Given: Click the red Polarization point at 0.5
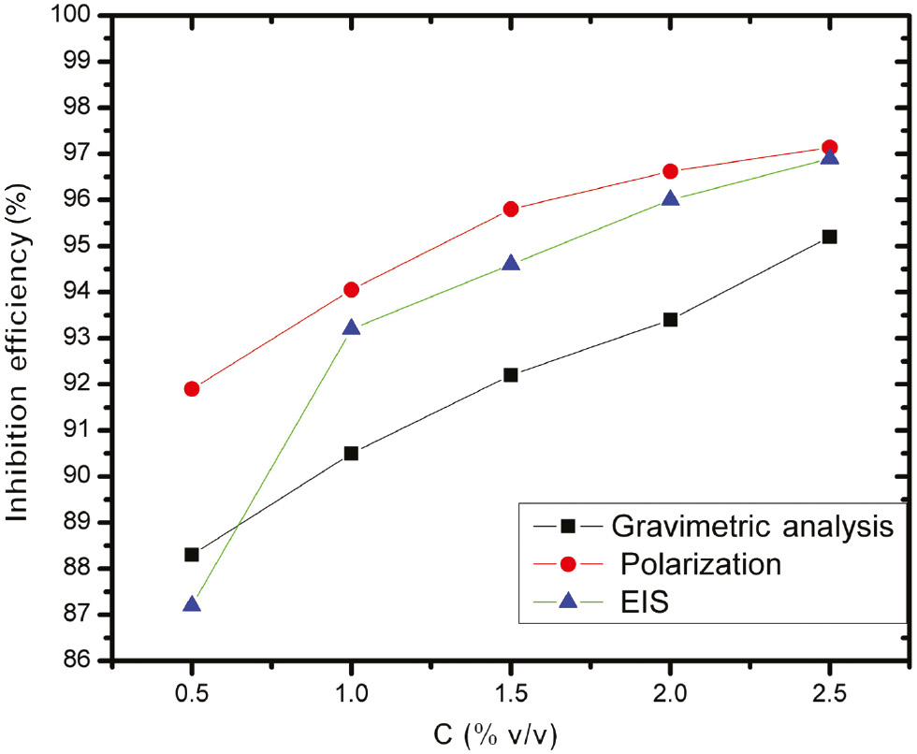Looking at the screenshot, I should tap(192, 388).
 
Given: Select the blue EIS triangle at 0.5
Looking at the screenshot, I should tap(192, 604).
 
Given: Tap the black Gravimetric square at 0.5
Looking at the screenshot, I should tap(192, 555).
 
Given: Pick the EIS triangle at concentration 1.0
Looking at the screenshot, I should tap(351, 327).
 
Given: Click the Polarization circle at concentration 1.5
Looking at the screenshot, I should tap(511, 209).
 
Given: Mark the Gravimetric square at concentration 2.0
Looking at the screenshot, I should tap(670, 320).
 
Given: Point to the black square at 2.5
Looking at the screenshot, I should tap(829, 237).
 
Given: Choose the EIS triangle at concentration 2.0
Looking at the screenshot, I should tap(670, 198).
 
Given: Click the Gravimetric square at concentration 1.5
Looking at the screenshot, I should tap(511, 375).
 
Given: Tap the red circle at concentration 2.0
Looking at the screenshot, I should tap(670, 171).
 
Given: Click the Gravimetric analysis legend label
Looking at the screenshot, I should tap(759, 526).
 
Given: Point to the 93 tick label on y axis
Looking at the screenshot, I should tap(86, 339).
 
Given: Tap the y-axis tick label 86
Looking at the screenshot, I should tap(86, 661).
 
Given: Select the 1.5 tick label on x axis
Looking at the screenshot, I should tap(511, 693).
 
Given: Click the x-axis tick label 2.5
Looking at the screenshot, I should tap(829, 693).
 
